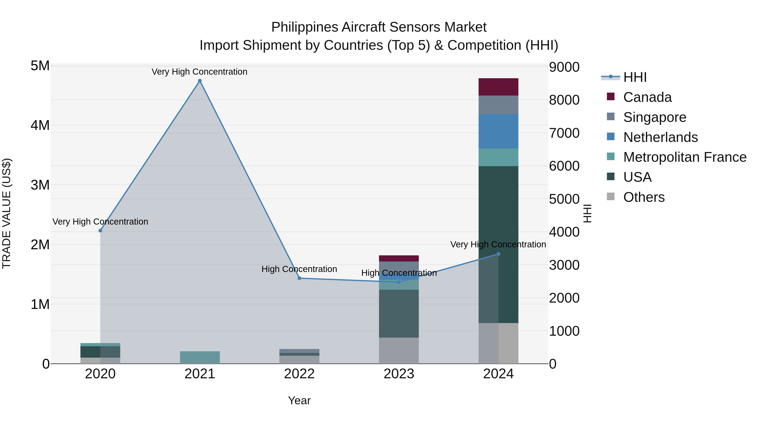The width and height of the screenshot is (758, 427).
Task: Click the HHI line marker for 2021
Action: pyautogui.click(x=200, y=81)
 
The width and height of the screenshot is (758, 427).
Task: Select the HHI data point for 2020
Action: pyautogui.click(x=100, y=230)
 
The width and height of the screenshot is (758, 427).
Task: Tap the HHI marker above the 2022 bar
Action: pyautogui.click(x=299, y=278)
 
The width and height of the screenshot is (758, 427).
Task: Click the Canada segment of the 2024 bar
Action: pyautogui.click(x=498, y=87)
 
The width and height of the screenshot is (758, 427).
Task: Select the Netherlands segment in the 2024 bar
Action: pyautogui.click(x=498, y=131)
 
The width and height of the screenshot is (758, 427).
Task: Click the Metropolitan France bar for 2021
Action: pyautogui.click(x=200, y=357)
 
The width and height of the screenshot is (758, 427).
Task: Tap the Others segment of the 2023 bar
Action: pyautogui.click(x=399, y=350)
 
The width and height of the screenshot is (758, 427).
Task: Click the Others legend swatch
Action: pyautogui.click(x=611, y=197)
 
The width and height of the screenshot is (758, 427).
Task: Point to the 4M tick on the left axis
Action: pyautogui.click(x=40, y=125)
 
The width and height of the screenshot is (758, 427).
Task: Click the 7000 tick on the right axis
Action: pyautogui.click(x=564, y=133)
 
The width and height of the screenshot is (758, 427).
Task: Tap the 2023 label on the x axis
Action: pyautogui.click(x=399, y=374)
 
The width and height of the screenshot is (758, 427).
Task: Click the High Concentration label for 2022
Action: pyautogui.click(x=299, y=269)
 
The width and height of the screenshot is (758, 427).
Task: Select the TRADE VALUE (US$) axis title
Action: pyautogui.click(x=7, y=213)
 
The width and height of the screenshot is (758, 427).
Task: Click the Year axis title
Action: pyautogui.click(x=299, y=400)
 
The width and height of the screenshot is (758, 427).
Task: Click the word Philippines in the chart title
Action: pyautogui.click(x=304, y=27)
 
